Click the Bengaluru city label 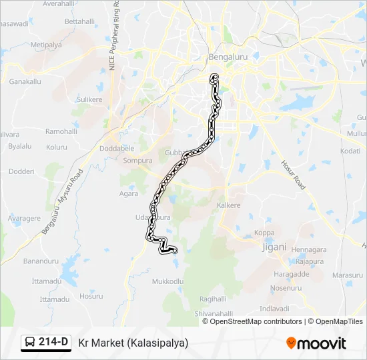click(228, 57)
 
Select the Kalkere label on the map click(228, 205)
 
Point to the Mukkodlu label click(167, 281)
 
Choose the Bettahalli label click(80, 21)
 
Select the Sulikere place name click(89, 99)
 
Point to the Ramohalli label click(61, 131)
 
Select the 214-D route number click(53, 343)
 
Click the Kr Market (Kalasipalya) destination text click(133, 343)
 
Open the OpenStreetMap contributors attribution click(256, 321)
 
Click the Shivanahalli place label click(212, 313)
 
